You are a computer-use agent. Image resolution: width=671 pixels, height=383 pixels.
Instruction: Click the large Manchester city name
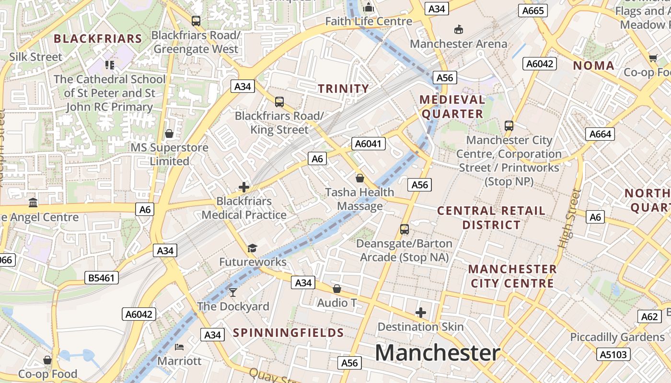coord(437,353)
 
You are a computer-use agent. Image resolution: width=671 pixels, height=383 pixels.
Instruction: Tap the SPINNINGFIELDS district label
coord(289,333)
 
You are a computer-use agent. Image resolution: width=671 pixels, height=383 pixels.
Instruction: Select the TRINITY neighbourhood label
coord(344,89)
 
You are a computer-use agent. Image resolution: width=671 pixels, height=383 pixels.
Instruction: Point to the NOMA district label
coord(594,66)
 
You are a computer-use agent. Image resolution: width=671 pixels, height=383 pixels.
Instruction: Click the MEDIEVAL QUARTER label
coord(452,107)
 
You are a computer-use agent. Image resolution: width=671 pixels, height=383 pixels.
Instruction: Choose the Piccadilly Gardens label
coord(617,337)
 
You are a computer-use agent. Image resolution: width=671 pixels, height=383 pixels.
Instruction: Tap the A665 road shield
coord(532,11)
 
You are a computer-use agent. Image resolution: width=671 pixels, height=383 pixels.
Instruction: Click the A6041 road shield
coord(369,144)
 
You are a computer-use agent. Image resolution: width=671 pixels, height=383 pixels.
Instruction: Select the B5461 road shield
coord(102,278)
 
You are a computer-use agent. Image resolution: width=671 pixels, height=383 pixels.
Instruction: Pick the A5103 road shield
coord(613,354)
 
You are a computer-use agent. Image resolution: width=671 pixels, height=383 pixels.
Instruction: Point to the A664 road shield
coord(600,134)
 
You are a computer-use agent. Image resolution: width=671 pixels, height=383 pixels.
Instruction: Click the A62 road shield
coord(650,316)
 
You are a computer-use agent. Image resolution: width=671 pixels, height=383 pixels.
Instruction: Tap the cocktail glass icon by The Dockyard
coord(233,292)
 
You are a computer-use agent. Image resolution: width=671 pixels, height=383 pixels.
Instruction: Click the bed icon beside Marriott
coord(179,347)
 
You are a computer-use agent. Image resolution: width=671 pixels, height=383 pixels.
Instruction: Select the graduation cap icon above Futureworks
coord(252,248)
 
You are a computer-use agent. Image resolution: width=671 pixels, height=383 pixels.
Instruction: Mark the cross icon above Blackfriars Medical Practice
coord(244,187)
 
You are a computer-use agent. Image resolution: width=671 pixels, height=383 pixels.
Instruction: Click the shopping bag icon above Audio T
coord(337,289)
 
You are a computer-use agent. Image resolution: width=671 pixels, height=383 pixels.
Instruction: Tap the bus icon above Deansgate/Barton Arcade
coord(405,229)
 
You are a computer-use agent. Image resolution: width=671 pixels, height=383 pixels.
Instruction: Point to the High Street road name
coord(569,218)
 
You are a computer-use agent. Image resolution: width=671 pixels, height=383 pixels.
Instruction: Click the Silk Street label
coord(36,57)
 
